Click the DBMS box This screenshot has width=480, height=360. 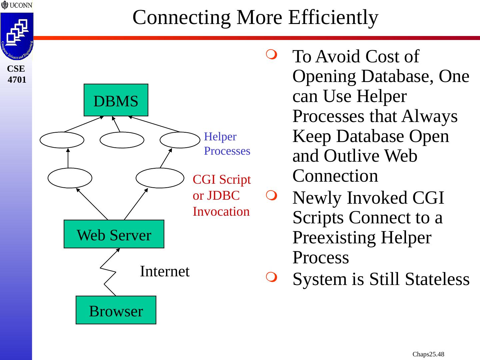116,100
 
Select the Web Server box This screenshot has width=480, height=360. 114,234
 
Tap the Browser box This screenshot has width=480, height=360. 116,310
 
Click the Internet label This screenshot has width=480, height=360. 164,271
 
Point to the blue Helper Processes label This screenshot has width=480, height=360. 227,144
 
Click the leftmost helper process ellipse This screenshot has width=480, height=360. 62,140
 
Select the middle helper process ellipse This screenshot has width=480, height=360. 122,140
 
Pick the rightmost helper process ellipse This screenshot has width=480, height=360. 180,140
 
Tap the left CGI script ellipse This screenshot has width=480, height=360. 70,178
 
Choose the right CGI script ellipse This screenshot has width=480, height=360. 160,178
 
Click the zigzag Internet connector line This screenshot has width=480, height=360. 108,273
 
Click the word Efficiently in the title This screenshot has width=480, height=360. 333,17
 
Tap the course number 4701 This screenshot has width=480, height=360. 17,80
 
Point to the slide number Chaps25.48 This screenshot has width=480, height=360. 428,354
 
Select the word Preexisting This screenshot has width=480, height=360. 362,238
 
